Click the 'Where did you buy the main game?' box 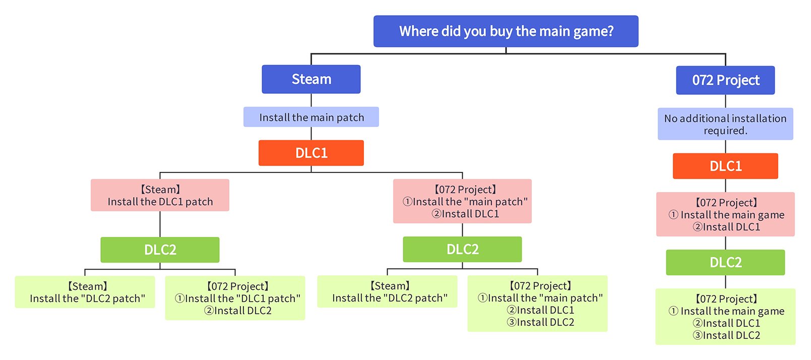506,31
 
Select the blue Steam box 311,79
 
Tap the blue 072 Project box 725,80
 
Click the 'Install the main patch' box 311,117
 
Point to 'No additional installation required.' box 725,124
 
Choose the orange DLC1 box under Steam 311,153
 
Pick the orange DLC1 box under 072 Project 725,166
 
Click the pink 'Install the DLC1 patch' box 160,195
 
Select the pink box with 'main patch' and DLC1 462,201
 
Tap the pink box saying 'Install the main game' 725,214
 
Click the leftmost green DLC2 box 160,250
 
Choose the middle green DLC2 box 462,249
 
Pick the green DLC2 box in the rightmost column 725,262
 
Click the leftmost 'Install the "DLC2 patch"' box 85,292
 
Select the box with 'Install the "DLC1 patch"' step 235,298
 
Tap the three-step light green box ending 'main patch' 537,304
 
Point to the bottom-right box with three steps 725,317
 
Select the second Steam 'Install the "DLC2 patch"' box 387,291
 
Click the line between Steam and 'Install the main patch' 311,100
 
